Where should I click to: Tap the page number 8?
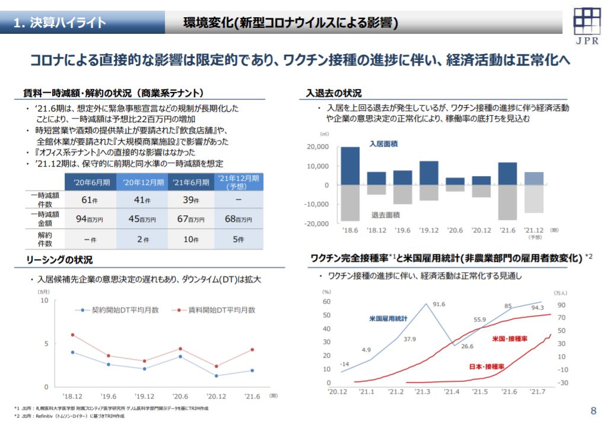[x=594, y=410]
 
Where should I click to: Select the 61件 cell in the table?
[x=90, y=200]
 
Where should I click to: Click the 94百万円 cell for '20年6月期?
[x=90, y=219]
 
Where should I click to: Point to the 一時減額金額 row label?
[x=44, y=219]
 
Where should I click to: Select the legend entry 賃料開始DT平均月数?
[x=217, y=310]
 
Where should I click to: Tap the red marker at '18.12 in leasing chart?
[x=72, y=335]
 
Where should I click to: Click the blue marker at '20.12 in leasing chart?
[x=216, y=376]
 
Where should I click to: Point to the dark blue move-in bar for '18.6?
[x=350, y=166]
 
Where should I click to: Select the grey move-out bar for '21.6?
[x=507, y=202]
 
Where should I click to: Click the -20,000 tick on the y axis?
[x=317, y=224]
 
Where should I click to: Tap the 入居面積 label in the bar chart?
[x=383, y=144]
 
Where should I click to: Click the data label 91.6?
[x=438, y=304]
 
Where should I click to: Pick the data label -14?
[x=345, y=363]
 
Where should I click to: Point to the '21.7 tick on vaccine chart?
[x=537, y=391]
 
